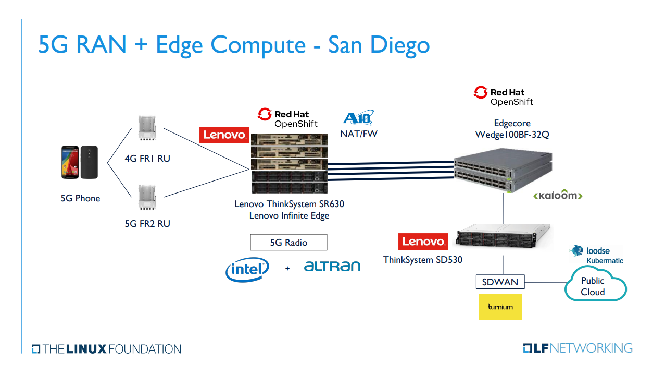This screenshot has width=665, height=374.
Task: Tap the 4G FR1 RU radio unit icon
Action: (147, 128)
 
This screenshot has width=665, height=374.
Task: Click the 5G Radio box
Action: (288, 243)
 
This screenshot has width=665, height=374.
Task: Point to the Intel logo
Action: (247, 269)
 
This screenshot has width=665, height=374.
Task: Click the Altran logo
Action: (332, 266)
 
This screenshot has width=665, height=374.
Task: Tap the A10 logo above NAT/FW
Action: (358, 118)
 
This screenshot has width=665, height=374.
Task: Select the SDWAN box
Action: (500, 282)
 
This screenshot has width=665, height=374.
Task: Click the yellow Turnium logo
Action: (500, 307)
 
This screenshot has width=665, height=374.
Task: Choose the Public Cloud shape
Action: (595, 284)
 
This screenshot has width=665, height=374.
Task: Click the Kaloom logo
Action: (558, 196)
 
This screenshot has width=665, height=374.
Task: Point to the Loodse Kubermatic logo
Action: (597, 255)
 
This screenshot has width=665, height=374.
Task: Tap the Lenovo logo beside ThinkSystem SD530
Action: (423, 242)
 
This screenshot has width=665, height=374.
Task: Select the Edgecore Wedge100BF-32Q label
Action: (512, 129)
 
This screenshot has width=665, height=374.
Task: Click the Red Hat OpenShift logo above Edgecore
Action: (504, 96)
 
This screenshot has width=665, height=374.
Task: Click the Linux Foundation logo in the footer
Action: (106, 349)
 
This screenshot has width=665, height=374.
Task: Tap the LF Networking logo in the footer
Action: (578, 348)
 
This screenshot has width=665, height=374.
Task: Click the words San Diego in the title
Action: (379, 45)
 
